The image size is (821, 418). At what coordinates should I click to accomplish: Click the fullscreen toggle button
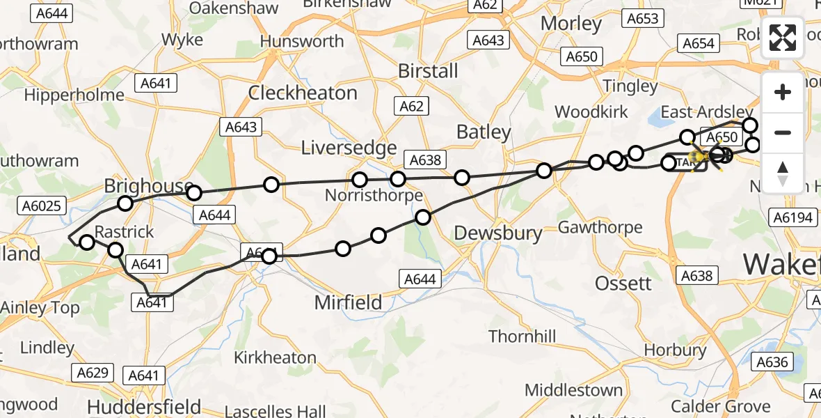click(x=783, y=38)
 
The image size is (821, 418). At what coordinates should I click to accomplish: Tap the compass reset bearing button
click(x=783, y=173)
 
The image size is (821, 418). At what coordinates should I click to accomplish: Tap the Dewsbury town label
click(x=498, y=233)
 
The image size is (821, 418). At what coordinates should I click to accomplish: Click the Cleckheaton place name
click(x=303, y=93)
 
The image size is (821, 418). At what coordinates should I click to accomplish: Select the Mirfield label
click(x=348, y=302)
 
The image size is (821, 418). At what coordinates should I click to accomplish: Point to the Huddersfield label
click(x=144, y=407)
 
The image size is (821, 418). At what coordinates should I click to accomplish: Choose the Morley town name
click(x=571, y=24)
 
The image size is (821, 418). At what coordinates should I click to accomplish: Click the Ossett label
click(x=623, y=283)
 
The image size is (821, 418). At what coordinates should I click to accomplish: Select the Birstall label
click(x=428, y=70)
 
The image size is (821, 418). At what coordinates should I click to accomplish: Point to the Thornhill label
click(x=522, y=337)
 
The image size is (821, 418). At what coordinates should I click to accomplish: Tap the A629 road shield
click(x=93, y=373)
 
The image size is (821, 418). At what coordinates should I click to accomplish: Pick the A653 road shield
click(x=642, y=19)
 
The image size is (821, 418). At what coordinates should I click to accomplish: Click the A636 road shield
click(x=772, y=362)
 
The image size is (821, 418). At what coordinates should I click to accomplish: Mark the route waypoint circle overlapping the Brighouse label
click(x=193, y=192)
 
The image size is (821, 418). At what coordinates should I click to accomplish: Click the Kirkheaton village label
click(x=275, y=358)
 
